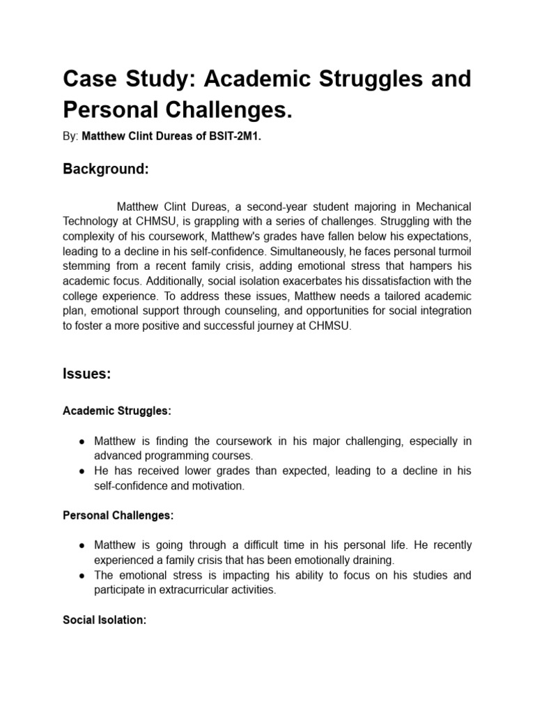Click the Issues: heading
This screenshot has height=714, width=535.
(x=86, y=374)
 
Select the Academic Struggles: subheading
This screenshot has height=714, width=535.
(x=116, y=411)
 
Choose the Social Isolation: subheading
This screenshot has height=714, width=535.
(x=104, y=619)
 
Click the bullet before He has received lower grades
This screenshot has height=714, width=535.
(x=82, y=471)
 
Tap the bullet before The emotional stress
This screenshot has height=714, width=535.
(x=82, y=575)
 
